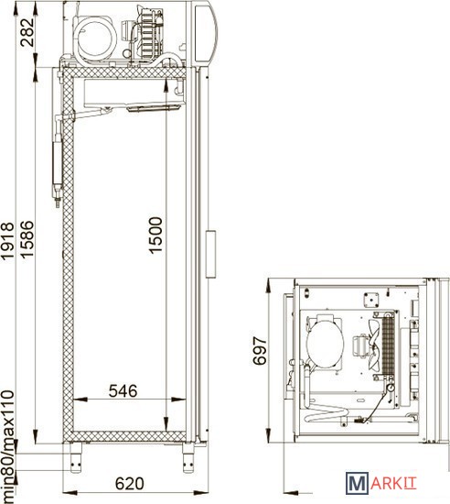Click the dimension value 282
pos(27,32)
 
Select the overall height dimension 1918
pos(7,240)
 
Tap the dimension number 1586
pos(27,239)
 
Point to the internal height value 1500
pos(155,236)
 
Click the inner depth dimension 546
pos(123,391)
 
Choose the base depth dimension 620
pos(130,484)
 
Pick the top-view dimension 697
pos(260,351)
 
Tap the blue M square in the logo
pos(357,483)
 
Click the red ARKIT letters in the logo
pos(393,484)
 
